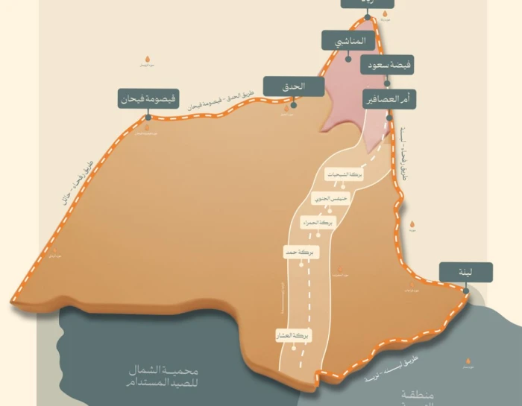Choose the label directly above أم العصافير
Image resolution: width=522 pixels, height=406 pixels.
pyautogui.click(x=387, y=66)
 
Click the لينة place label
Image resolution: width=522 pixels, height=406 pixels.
pyautogui.click(x=465, y=273)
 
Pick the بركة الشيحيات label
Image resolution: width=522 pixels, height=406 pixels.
pyautogui.click(x=348, y=174)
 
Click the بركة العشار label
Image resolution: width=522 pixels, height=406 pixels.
pyautogui.click(x=293, y=336)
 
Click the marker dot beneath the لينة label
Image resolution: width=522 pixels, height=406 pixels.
pyautogui.click(x=465, y=289)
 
